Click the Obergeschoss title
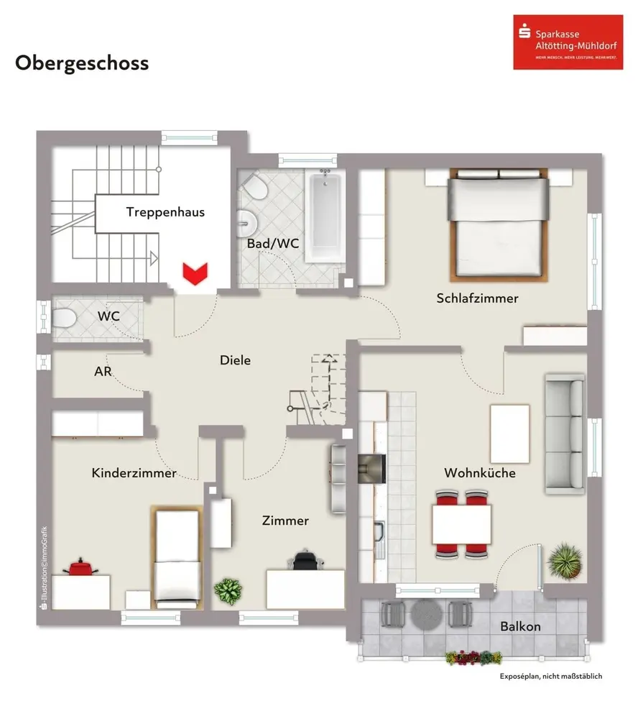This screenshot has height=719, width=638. coord(82,63)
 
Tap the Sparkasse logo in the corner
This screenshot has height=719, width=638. coord(558,42)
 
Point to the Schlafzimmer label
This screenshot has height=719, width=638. coord(477,298)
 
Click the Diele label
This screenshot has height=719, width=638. coord(235,360)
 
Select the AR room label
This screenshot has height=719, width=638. coord(102,372)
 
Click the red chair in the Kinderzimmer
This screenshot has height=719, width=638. coord(79,568)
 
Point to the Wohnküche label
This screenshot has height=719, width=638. coord(479,473)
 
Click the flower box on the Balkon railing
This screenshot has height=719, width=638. coord(473,657)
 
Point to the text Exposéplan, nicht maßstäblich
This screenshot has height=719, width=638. coord(550,677)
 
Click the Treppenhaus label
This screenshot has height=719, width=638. coord(165,212)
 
